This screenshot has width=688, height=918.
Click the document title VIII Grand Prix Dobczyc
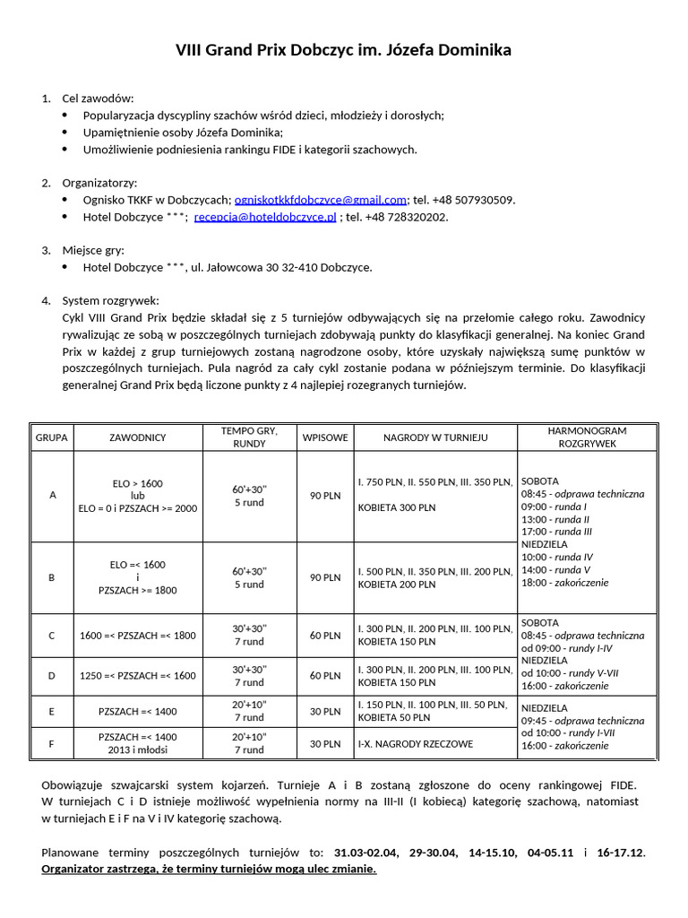click(343, 50)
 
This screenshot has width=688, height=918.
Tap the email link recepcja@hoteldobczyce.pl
click(265, 217)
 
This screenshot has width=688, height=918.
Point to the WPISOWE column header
click(325, 437)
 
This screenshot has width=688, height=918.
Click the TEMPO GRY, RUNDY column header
click(249, 437)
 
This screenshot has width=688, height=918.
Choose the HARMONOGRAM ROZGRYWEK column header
click(586, 437)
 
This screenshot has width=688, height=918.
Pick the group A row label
click(52, 496)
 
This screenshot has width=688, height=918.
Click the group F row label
click(52, 743)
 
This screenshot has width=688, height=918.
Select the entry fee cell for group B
click(325, 578)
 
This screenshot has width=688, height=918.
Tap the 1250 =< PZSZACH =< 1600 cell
click(137, 676)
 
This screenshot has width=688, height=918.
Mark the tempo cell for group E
click(249, 711)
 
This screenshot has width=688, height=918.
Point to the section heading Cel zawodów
click(98, 98)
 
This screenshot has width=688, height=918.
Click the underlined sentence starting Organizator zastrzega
click(209, 870)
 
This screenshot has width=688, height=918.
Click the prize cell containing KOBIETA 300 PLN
click(397, 507)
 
